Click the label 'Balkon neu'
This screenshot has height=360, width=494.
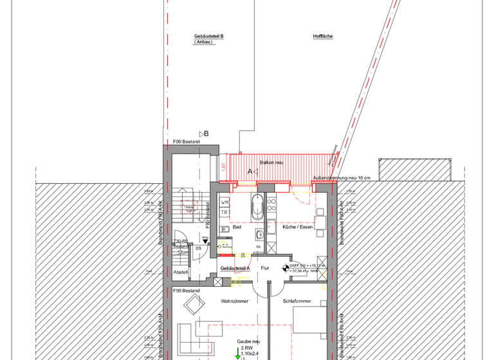(271, 163)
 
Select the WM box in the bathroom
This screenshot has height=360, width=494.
(225, 203)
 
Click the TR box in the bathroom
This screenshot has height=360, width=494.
(224, 212)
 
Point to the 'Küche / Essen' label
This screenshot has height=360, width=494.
(297, 227)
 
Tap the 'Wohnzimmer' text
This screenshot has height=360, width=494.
(234, 300)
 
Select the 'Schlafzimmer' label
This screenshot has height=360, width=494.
(297, 300)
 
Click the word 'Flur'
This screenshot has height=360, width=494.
(264, 268)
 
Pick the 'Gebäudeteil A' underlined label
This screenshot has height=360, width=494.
(235, 268)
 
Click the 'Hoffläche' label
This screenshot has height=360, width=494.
(322, 37)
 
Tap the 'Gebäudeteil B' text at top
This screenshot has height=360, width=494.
(208, 37)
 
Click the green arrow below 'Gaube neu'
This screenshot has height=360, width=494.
(237, 353)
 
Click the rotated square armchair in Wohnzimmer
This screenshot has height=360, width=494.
(192, 303)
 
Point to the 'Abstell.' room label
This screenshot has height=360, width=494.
(181, 272)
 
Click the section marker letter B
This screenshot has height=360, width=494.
(206, 134)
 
